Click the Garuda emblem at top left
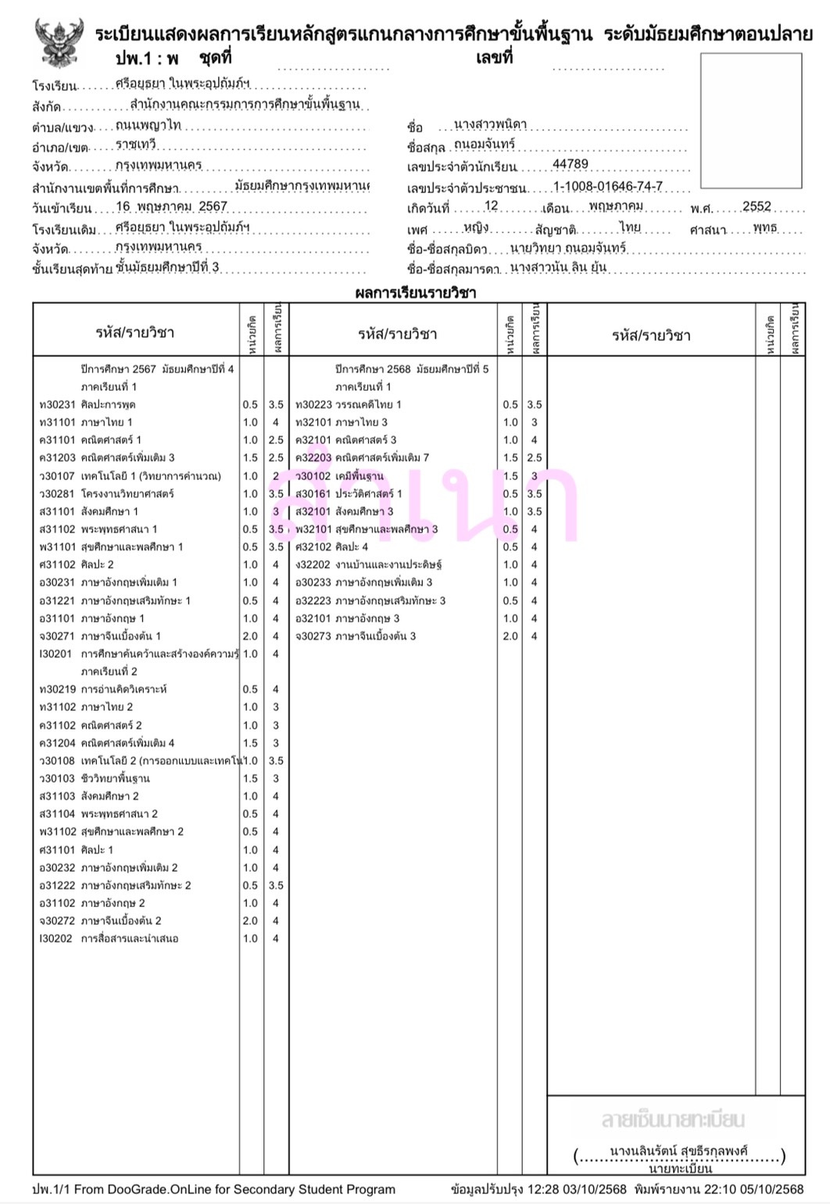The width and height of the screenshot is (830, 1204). click(58, 44)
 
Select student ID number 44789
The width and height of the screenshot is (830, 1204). click(571, 164)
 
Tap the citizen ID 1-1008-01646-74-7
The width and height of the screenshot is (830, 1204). click(608, 186)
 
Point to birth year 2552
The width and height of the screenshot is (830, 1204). click(757, 206)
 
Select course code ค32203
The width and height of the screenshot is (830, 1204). click(313, 458)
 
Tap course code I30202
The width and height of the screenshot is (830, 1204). click(55, 939)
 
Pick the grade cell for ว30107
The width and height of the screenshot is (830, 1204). click(276, 476)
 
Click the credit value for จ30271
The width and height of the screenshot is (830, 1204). click(250, 636)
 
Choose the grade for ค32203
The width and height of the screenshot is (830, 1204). click(535, 458)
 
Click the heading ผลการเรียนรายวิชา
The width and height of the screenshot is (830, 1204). click(415, 294)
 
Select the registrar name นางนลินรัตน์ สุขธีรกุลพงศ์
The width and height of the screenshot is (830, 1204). click(678, 1151)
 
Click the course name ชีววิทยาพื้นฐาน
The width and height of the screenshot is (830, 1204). click(116, 779)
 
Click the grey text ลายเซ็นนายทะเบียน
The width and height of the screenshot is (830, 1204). click(673, 1120)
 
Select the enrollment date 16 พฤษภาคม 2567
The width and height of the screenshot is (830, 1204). click(171, 206)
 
